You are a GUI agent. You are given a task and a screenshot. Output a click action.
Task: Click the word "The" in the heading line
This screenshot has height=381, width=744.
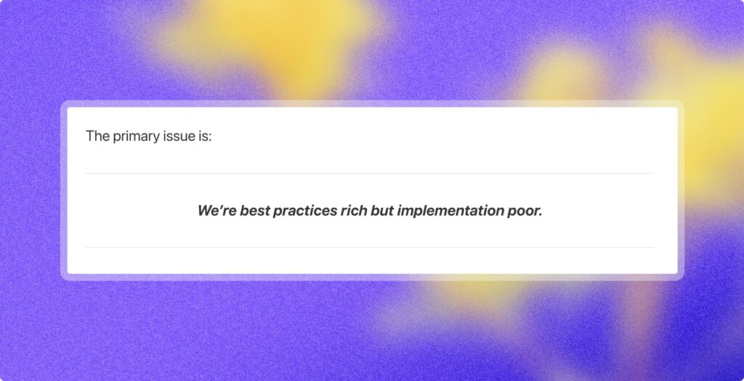coord(97,136)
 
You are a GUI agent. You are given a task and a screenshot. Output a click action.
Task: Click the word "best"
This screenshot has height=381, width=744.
coord(254,212)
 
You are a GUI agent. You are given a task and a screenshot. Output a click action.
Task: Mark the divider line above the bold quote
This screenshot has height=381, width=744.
coord(370,173)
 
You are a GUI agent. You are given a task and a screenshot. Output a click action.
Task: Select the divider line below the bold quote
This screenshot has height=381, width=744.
coord(370,247)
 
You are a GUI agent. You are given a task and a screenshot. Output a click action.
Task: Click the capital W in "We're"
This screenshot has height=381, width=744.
coord(206,212)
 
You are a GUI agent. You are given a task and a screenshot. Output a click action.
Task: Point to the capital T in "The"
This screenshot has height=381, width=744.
coord(90,136)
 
